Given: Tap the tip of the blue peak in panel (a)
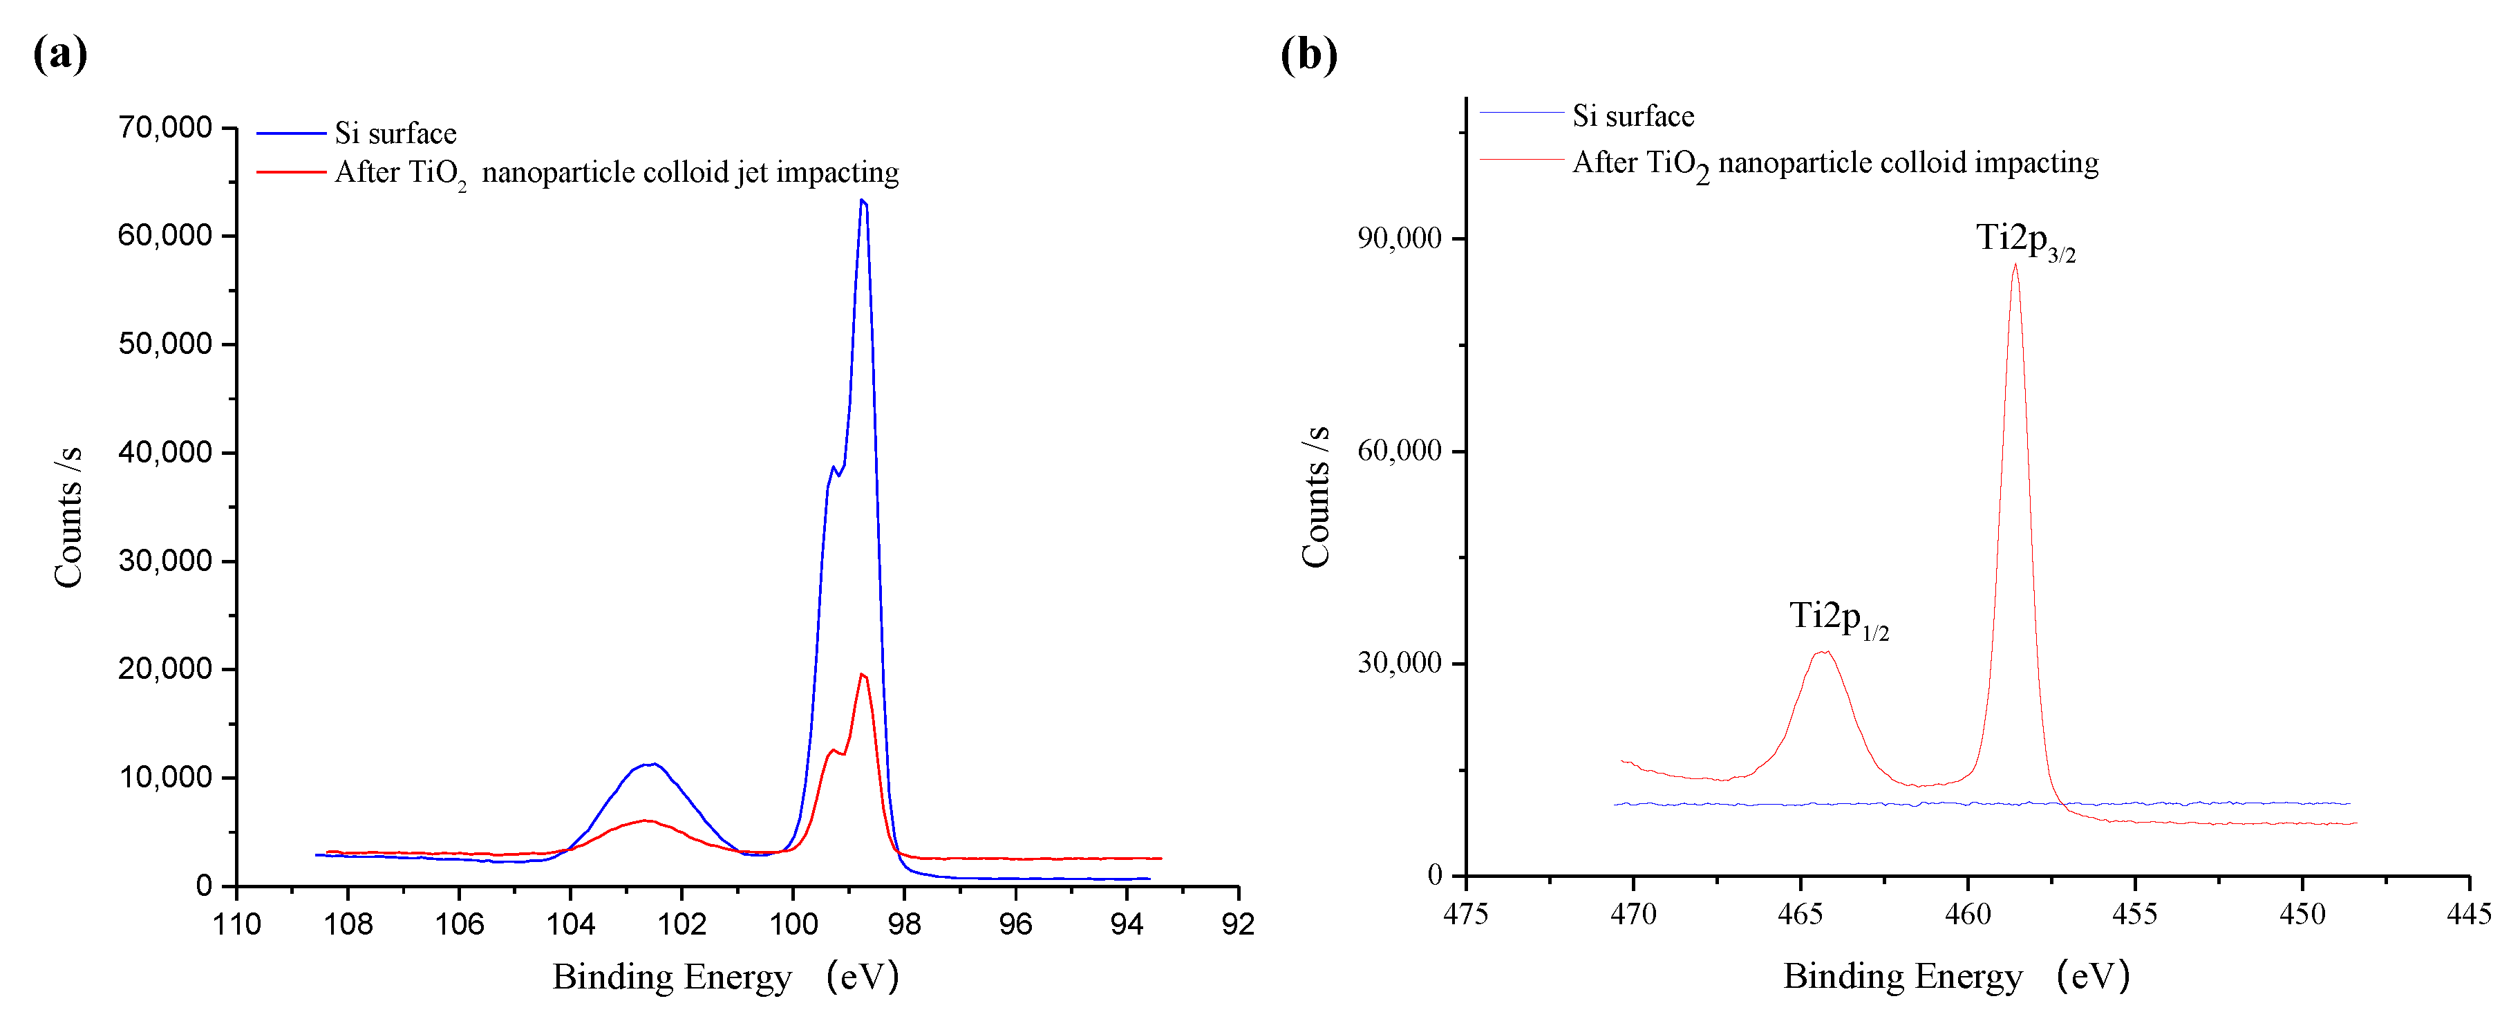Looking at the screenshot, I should (x=862, y=200).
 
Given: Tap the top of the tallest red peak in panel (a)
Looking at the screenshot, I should (x=862, y=674).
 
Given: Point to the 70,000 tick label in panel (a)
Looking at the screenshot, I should (x=164, y=127).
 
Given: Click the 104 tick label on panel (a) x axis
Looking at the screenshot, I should (x=570, y=924).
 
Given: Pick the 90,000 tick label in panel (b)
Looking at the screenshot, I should (x=1399, y=238).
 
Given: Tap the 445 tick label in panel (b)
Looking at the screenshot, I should (x=2468, y=915).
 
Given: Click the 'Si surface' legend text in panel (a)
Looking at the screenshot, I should (x=395, y=133).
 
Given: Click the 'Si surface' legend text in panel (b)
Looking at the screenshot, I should (x=1633, y=116).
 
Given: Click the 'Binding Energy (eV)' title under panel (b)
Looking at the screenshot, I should (x=1955, y=976).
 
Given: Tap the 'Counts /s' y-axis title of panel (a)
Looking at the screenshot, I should (x=68, y=516).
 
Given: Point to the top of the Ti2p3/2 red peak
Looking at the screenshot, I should (x=2015, y=264).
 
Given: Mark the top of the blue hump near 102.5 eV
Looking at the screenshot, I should (x=650, y=764).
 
